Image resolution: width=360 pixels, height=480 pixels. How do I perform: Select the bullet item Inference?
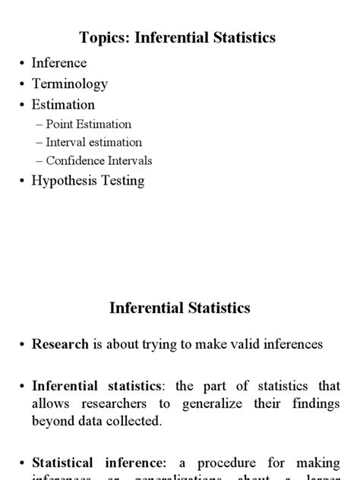[59, 63]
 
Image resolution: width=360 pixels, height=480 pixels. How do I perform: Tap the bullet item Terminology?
[69, 84]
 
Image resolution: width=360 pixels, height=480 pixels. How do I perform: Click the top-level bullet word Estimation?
[63, 105]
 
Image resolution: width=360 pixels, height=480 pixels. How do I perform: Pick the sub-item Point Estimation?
[88, 124]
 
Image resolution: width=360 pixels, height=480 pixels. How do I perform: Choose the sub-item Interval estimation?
[93, 142]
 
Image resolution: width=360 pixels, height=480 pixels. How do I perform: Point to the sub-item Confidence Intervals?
[99, 160]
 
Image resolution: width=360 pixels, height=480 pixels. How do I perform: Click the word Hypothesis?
[64, 181]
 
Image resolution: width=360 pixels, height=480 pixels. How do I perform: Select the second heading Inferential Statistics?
[180, 308]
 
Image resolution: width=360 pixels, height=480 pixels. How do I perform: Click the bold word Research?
[61, 344]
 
